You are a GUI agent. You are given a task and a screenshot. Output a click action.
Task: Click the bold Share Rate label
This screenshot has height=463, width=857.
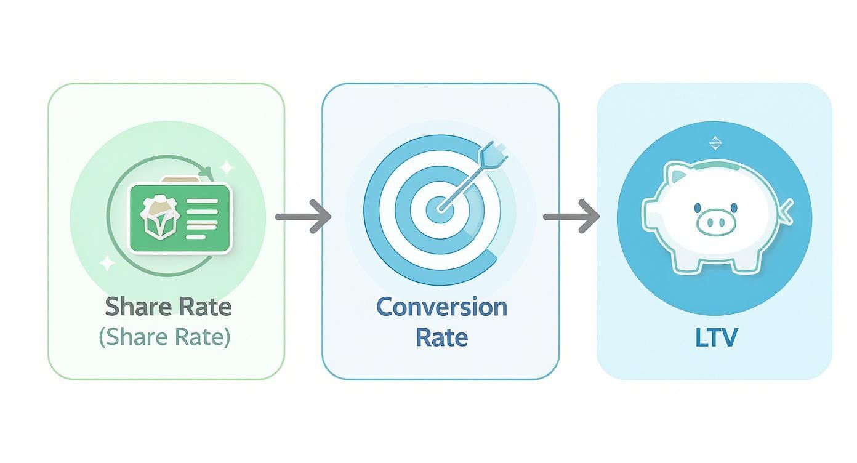coord(167,307)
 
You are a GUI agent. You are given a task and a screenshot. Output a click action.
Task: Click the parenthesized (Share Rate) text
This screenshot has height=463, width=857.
coord(164,337)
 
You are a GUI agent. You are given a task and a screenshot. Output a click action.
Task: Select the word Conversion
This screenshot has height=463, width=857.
coord(441,307)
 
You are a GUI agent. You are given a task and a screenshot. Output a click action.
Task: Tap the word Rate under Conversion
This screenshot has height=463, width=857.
coord(441,337)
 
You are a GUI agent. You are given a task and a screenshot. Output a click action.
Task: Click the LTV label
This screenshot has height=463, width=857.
coord(716,337)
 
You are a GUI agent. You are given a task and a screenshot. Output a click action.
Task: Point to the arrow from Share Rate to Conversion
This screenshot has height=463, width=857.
coord(303,217)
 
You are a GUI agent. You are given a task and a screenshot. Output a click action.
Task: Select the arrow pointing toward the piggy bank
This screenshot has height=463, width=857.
coord(571,217)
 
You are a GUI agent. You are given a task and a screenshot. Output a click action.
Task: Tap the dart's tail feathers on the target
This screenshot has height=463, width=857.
coord(494,154)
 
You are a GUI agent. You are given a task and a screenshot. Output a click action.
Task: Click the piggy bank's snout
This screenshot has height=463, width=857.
coord(716,222)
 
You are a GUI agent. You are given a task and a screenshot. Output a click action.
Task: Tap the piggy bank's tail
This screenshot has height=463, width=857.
coord(786,211)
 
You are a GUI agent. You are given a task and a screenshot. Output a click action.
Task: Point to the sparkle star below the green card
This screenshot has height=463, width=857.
coord(108,264)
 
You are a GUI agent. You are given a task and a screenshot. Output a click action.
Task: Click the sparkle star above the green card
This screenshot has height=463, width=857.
coord(227,166)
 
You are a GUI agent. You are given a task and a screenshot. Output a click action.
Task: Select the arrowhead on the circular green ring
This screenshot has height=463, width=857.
coord(209,171)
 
